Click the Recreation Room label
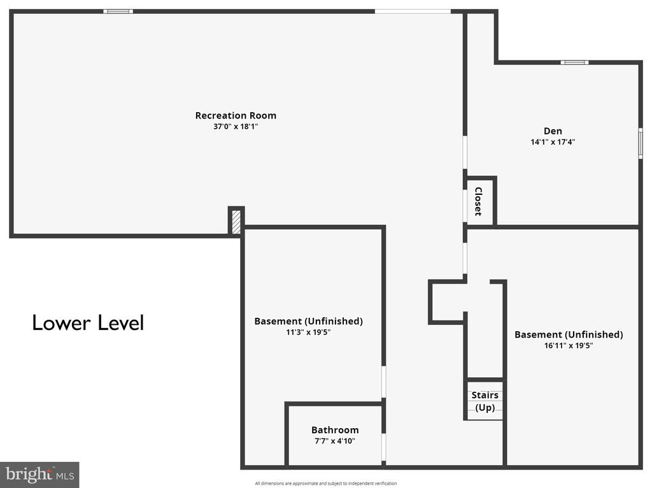coord(236,115)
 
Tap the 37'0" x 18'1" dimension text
coord(236,127)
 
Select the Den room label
coord(553,131)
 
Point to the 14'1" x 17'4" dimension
coord(553,142)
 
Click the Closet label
coord(479,201)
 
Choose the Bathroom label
coord(335,430)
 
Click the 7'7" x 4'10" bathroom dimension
coord(335,441)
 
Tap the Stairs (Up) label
coord(485,401)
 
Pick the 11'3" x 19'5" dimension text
coord(308,332)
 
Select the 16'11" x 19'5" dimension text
coord(569,345)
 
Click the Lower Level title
coord(88,323)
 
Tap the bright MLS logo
coord(39,475)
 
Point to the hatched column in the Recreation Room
coord(236,222)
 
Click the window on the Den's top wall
coord(574,63)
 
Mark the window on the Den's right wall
coord(641,143)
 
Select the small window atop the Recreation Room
coord(118,11)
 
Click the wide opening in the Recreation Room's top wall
coord(413,11)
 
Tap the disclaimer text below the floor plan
coord(325,484)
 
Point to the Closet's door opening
coord(465,206)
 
